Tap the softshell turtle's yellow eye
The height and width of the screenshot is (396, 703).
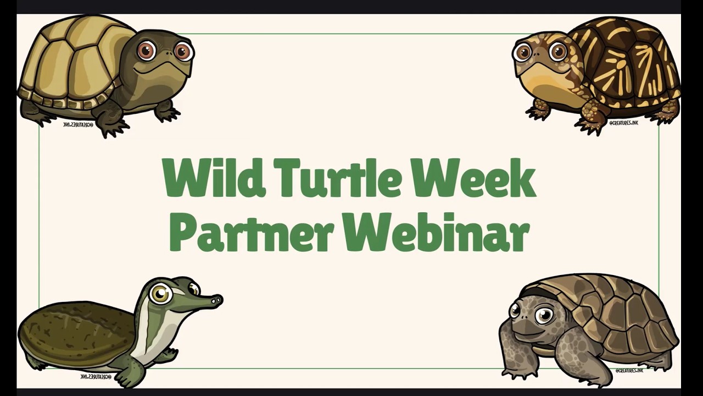click(160, 294)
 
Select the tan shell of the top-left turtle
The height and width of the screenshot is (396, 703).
click(71, 61)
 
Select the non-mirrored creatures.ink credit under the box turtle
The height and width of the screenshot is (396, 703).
click(623, 123)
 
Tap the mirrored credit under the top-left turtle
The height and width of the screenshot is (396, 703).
click(79, 125)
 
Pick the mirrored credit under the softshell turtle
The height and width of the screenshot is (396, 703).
click(96, 377)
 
